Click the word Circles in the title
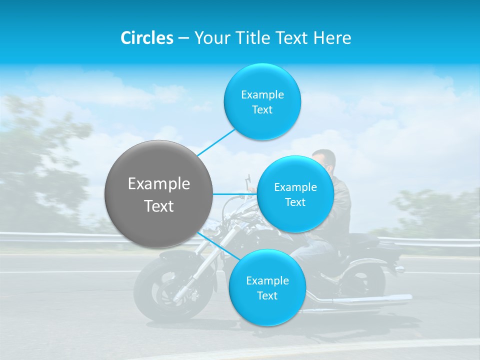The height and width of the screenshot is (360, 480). [146, 38]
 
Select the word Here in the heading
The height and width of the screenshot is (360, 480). [332, 38]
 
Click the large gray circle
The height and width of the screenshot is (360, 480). [158, 194]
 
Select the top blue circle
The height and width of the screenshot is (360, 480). [262, 102]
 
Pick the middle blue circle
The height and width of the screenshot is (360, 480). [295, 194]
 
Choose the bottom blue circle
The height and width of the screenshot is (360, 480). [267, 288]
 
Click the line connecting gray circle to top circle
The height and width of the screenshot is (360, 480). [216, 142]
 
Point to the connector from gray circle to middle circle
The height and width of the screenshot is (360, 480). [234, 194]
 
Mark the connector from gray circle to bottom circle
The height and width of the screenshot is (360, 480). [218, 246]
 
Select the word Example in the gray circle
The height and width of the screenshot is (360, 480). [158, 183]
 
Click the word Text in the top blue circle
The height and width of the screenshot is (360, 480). [262, 110]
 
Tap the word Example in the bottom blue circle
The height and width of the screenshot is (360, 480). [267, 280]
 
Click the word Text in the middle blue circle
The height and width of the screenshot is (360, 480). [295, 202]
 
